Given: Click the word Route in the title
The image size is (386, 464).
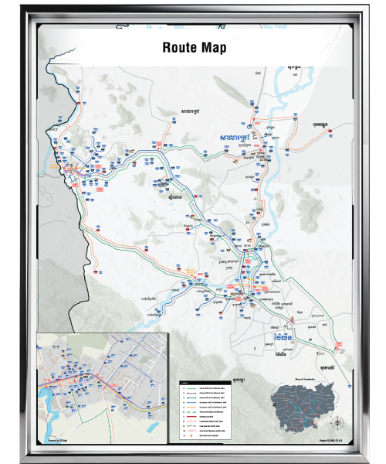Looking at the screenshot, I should point(179,48).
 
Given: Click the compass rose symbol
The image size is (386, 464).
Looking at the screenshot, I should point(337,422).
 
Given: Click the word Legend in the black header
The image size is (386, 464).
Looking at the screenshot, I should point(184,383).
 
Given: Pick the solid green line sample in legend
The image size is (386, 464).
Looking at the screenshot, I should point(191,388).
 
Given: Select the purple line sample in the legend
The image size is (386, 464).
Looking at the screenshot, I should point(191,393).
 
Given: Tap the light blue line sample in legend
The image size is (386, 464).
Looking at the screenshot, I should point(191,402).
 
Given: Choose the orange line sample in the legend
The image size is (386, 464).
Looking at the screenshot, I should point(191,407).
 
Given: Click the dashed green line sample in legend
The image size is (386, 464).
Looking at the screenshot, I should point(191,411).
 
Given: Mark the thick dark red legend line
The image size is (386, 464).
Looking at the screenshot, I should point(191,416).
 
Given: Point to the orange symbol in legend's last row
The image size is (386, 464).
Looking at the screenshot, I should point(191,435).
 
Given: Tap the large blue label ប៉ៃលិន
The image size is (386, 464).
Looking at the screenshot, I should point(281,338).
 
